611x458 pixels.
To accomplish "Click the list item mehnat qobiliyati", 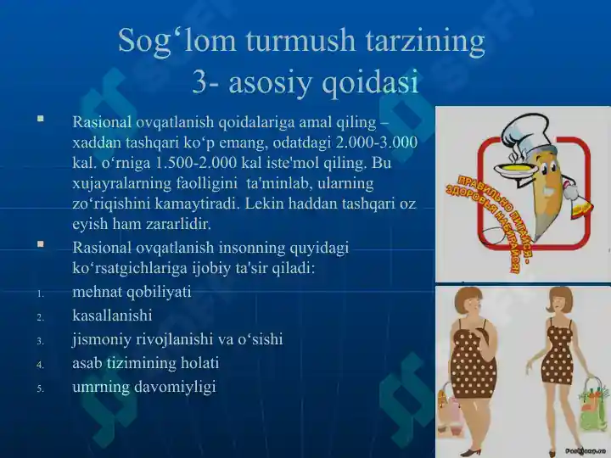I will (132, 292).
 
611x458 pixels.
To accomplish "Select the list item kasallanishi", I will (112, 316).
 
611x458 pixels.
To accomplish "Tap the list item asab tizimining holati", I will (145, 363).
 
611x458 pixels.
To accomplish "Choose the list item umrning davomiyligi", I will (144, 387).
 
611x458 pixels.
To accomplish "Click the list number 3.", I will (40, 341).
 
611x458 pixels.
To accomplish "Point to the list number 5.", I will (40, 388).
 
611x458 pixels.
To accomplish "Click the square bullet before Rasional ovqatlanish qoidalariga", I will (40, 120).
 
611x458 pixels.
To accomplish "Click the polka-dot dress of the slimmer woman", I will (561, 356).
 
